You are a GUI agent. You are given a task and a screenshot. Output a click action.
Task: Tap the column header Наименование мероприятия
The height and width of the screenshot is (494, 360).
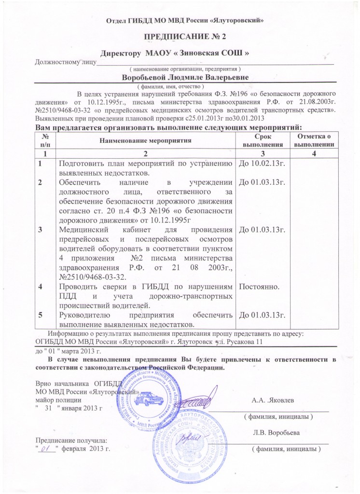(x=145, y=140)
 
